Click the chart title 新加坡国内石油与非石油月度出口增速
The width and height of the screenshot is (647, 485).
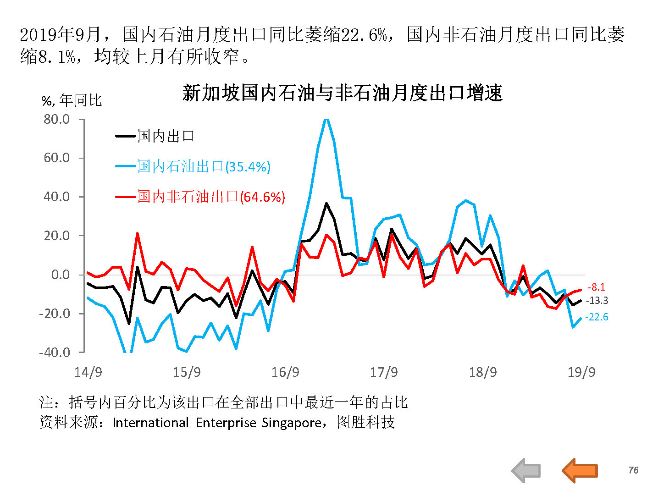pos(342,93)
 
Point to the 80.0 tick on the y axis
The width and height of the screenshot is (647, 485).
pos(57,119)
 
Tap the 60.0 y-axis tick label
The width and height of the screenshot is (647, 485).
pos(57,158)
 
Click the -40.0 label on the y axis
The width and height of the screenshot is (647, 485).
pos(55,353)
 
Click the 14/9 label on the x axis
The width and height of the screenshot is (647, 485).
pos(88,372)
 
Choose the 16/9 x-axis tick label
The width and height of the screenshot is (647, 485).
pos(285,372)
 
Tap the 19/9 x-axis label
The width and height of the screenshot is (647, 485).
pos(581,372)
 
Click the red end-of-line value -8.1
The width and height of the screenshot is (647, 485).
pos(596,287)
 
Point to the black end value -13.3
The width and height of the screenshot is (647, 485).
pos(597,301)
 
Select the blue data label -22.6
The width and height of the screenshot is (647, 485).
pos(597,317)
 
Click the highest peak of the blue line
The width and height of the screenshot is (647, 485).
pos(326,120)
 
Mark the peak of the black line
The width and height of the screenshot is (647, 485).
pos(326,203)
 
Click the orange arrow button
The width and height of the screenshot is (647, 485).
pos(580,470)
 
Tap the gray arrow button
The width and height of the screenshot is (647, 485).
pos(526,470)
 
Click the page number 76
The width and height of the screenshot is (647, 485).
pos(633,470)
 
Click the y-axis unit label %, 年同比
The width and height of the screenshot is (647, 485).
pos(72,100)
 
